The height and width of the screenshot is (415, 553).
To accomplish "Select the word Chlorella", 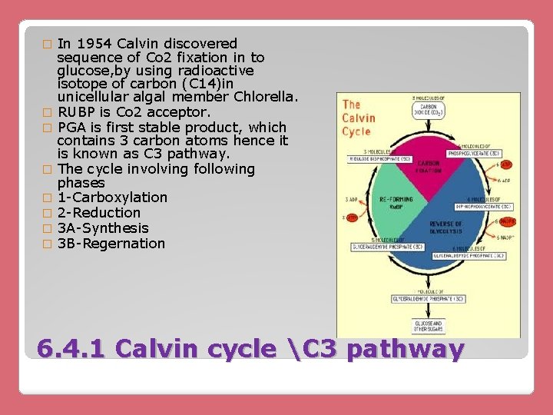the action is click(x=263, y=98).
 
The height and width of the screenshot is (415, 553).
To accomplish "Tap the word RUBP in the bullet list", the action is click(x=78, y=112).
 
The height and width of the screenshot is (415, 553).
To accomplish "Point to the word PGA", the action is click(x=71, y=127).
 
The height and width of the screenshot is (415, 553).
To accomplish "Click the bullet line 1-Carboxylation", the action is click(x=112, y=198).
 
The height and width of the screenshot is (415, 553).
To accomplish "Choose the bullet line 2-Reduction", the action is click(x=99, y=213).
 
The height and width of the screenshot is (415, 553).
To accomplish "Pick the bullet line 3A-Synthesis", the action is click(x=103, y=228).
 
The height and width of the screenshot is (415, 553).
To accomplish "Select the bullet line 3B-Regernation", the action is click(x=111, y=244).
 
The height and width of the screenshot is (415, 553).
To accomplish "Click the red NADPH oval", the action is click(x=507, y=222).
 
